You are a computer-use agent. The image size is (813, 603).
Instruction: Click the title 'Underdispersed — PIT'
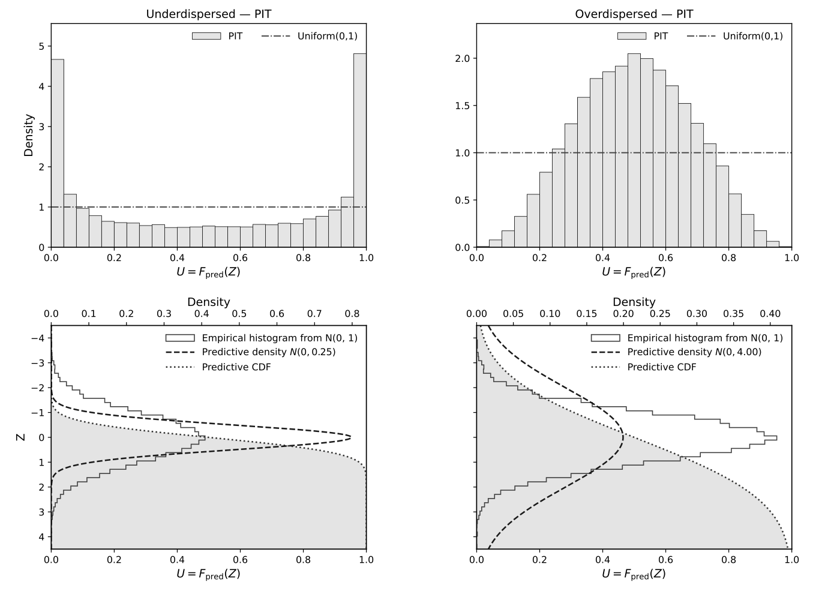[208, 14]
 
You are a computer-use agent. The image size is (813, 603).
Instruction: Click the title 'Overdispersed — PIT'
[634, 14]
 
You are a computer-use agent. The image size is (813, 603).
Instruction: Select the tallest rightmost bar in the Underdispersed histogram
[359, 150]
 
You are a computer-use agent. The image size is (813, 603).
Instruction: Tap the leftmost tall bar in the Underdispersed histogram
[57, 153]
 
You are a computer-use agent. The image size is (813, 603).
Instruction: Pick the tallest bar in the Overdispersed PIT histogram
[634, 150]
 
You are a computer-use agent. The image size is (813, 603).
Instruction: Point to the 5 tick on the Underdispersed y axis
[41, 47]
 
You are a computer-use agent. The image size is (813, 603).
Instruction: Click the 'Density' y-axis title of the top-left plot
[29, 135]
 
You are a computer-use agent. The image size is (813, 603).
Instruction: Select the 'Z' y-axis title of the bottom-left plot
[21, 437]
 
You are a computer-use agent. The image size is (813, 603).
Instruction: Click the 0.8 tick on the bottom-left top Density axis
[352, 314]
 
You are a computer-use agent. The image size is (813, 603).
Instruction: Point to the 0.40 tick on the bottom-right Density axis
[770, 314]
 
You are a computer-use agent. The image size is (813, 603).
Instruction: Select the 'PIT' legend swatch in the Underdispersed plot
[206, 36]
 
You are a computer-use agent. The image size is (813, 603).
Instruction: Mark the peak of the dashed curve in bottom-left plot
[350, 437]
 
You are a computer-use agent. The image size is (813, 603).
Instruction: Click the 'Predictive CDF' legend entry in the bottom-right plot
[661, 367]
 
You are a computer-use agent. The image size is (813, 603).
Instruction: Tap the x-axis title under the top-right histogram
[634, 272]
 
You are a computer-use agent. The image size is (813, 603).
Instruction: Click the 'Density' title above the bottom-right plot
[634, 302]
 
